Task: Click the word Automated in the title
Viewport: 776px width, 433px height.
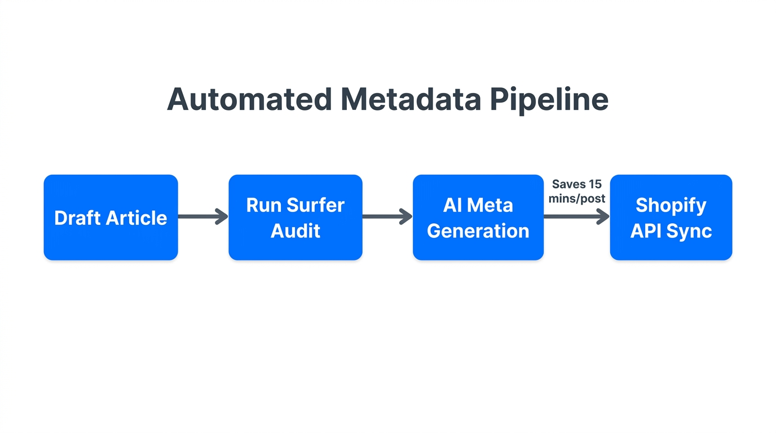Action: (249, 99)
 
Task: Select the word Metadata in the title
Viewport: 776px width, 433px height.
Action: (411, 99)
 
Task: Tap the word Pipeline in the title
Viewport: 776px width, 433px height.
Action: (549, 100)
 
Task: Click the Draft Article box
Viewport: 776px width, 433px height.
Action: (111, 218)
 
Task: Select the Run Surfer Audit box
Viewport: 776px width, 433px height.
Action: (295, 218)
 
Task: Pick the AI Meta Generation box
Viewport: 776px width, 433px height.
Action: (478, 218)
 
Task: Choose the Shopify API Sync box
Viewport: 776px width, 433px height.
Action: (671, 218)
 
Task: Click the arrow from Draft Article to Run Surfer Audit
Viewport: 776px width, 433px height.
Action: (203, 216)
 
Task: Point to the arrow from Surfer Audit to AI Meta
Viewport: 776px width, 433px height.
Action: (387, 216)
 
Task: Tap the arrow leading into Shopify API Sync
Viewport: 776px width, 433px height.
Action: (576, 216)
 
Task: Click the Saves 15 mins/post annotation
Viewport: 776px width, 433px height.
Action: (576, 191)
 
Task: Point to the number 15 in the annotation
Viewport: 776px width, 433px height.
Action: (595, 184)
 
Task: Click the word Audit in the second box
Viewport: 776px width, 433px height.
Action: (295, 231)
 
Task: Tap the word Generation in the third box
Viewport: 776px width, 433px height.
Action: (478, 231)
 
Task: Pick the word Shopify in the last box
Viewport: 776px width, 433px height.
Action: (671, 206)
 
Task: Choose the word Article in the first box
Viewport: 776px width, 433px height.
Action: (137, 218)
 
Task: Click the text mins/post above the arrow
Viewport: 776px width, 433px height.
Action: (576, 198)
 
